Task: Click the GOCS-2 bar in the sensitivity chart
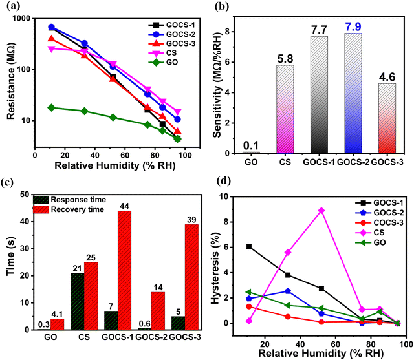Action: [x=353, y=93]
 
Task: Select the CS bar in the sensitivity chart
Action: [x=285, y=109]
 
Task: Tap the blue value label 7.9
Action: [x=353, y=26]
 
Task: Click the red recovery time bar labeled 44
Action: [x=124, y=270]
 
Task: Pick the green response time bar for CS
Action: [x=78, y=301]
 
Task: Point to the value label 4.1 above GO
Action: [x=57, y=314]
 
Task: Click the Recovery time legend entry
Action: [x=69, y=209]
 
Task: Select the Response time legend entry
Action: [x=70, y=200]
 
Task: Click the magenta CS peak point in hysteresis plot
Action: [x=321, y=211]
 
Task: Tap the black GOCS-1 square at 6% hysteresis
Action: [x=249, y=247]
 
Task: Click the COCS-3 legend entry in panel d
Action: [x=379, y=223]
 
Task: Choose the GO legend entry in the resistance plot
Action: [x=163, y=62]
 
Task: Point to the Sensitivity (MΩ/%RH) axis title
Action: [x=218, y=85]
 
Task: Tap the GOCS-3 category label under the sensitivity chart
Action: [x=387, y=162]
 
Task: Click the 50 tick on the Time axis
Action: [x=25, y=195]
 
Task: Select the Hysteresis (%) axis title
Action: [x=215, y=268]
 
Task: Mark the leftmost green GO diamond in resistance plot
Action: [x=52, y=107]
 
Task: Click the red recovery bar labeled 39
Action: [x=191, y=277]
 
